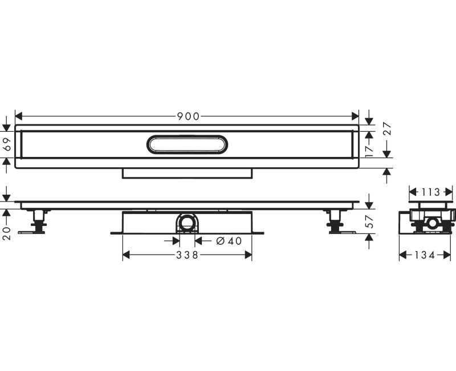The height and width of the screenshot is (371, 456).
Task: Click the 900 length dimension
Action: [188, 116]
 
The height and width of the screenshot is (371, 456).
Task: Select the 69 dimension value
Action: [8, 146]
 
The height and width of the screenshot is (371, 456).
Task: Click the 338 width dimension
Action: [187, 255]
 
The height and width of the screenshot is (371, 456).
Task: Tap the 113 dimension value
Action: [431, 192]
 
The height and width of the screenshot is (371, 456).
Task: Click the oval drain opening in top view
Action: [188, 146]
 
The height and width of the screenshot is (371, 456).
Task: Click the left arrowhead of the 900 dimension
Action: [18, 116]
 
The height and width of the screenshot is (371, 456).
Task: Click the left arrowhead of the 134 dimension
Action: [402, 255]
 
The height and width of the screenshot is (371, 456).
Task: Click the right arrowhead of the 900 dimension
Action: [356, 116]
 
